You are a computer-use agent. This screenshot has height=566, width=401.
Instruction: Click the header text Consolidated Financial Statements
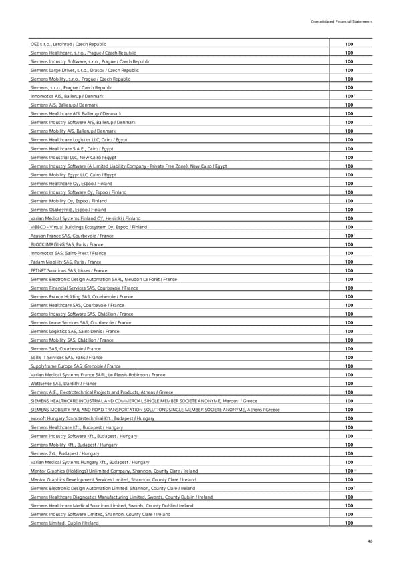click(341, 22)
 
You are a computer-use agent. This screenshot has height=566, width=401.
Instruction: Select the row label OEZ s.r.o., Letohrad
click(68, 44)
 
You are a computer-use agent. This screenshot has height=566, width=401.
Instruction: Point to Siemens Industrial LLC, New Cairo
click(74, 157)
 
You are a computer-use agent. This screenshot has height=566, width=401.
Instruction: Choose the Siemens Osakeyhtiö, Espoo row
click(67, 210)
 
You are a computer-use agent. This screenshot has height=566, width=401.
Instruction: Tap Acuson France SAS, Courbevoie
click(72, 236)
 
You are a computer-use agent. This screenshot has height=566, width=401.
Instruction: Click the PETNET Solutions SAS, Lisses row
click(69, 270)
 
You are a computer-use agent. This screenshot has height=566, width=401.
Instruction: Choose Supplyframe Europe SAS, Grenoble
click(76, 366)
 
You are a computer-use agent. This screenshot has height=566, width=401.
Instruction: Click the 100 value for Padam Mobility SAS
click(348, 262)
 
